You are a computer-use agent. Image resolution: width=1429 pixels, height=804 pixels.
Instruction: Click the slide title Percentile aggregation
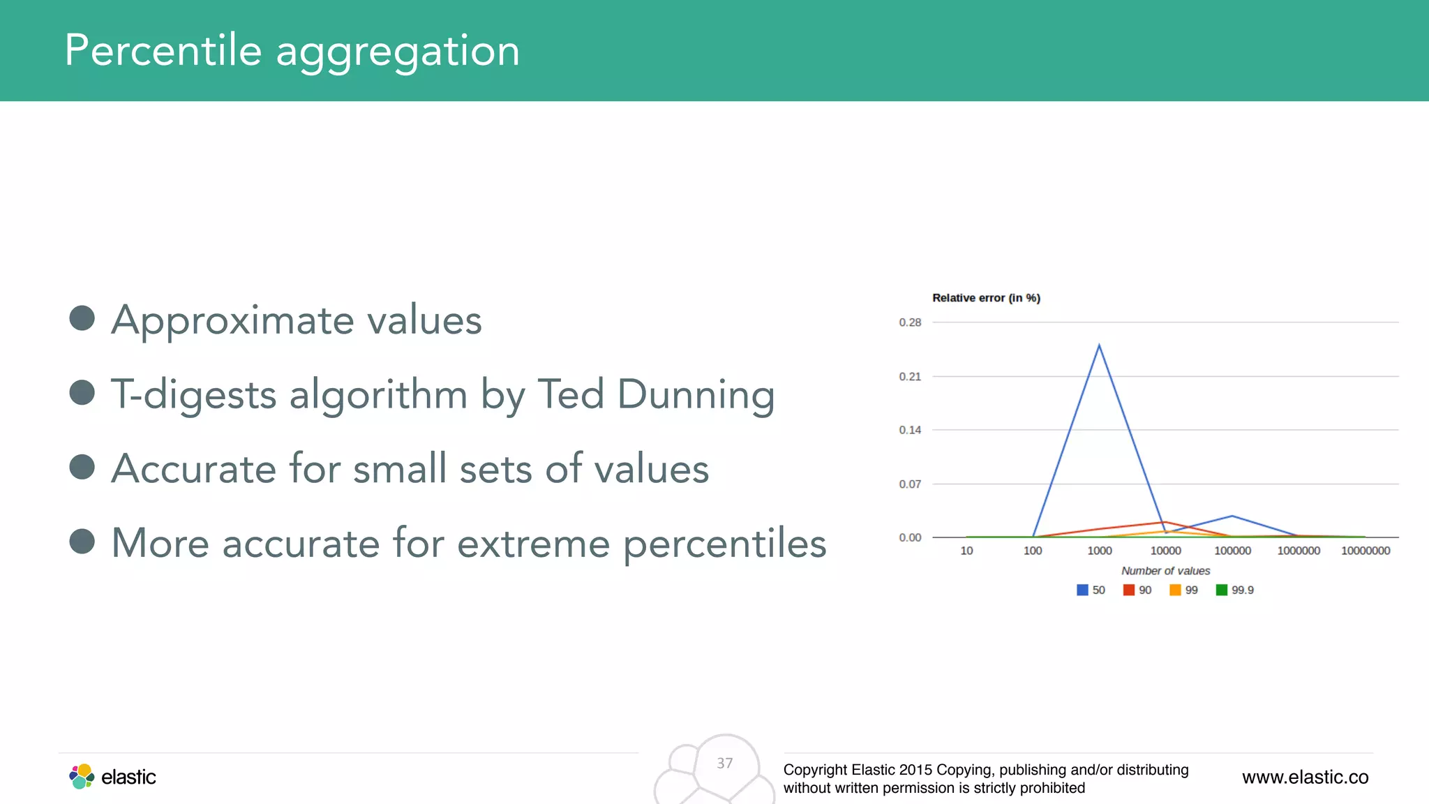coord(292,51)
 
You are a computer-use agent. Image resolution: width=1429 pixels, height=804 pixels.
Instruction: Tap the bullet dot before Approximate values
coord(82,318)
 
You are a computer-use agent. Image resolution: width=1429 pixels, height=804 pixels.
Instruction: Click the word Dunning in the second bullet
coord(696,394)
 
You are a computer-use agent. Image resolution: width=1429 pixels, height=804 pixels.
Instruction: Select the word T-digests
coord(194,394)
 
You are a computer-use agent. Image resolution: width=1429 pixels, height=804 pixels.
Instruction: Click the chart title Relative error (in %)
coord(986,298)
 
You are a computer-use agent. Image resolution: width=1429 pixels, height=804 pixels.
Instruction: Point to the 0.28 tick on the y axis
coord(910,322)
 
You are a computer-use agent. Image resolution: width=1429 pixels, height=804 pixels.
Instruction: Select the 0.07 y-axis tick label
coord(910,484)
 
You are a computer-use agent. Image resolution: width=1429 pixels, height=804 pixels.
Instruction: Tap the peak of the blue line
coord(1099,345)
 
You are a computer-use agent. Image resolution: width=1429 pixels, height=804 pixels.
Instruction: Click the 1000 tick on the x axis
coord(1100,551)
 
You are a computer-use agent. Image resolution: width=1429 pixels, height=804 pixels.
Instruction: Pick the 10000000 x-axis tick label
coord(1366,551)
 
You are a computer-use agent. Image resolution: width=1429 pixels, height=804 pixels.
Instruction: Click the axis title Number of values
coord(1165,571)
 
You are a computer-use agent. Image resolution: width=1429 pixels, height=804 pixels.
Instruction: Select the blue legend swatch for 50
coord(1082,590)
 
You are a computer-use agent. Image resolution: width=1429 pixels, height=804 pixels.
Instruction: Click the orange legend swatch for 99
coord(1175,590)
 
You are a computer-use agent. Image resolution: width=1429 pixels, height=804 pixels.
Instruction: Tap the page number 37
coord(725,764)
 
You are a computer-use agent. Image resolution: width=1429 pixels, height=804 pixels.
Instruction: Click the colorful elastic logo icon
coord(82,776)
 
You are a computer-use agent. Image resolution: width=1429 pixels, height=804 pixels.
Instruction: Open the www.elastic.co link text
coord(1305,777)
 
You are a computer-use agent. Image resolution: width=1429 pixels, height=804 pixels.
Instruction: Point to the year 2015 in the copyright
coord(915,770)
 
